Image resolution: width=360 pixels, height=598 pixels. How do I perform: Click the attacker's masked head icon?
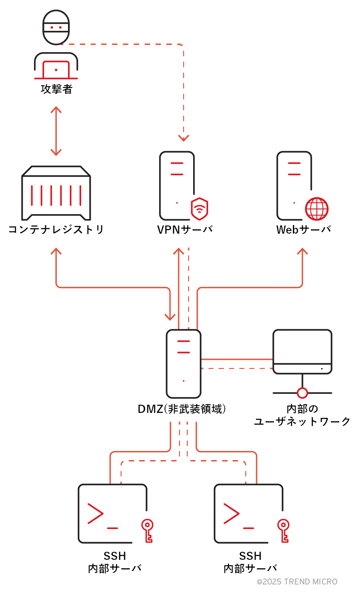pos(56,28)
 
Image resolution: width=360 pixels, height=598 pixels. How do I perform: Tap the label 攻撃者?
pos(56,89)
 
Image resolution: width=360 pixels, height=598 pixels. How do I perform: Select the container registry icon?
pos(56,193)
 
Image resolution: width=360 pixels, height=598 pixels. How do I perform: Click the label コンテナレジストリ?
pos(56,230)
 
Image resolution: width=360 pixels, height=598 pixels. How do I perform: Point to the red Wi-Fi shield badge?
pos(199,209)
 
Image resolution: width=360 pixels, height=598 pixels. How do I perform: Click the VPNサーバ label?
pos(185,230)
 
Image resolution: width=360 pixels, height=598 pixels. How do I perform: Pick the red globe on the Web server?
pos(316,209)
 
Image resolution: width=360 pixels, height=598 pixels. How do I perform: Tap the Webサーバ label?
pos(303,230)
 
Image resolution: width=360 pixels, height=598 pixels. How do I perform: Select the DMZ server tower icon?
pos(183,363)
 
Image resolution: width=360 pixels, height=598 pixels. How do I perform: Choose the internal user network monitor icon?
pos(302,352)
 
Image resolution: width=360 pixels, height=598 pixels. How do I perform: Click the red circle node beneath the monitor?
pos(302,393)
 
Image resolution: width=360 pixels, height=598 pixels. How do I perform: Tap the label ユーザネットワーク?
pos(302,422)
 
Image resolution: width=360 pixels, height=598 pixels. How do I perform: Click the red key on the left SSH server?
pos(147,530)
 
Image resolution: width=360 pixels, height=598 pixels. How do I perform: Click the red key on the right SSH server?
pos(283,530)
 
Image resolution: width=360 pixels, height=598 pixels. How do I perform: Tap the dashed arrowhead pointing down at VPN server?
pos(183,137)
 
